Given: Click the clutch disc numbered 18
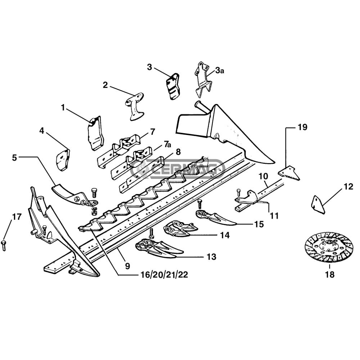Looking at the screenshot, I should coord(329,248).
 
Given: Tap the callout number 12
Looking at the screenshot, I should coord(348,186).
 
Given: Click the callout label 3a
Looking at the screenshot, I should coord(220,71).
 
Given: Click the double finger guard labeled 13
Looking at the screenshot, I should coord(155,249).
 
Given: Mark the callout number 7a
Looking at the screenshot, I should coord(167,145).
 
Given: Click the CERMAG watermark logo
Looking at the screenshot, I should coord(178,168).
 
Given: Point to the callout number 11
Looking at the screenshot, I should coord(274,216).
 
